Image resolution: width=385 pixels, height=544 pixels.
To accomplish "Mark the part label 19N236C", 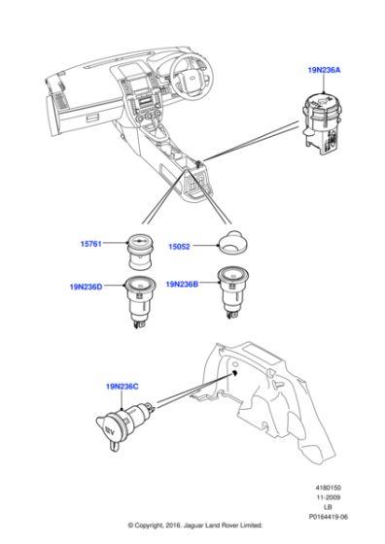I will pyautogui.click(x=122, y=386).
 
